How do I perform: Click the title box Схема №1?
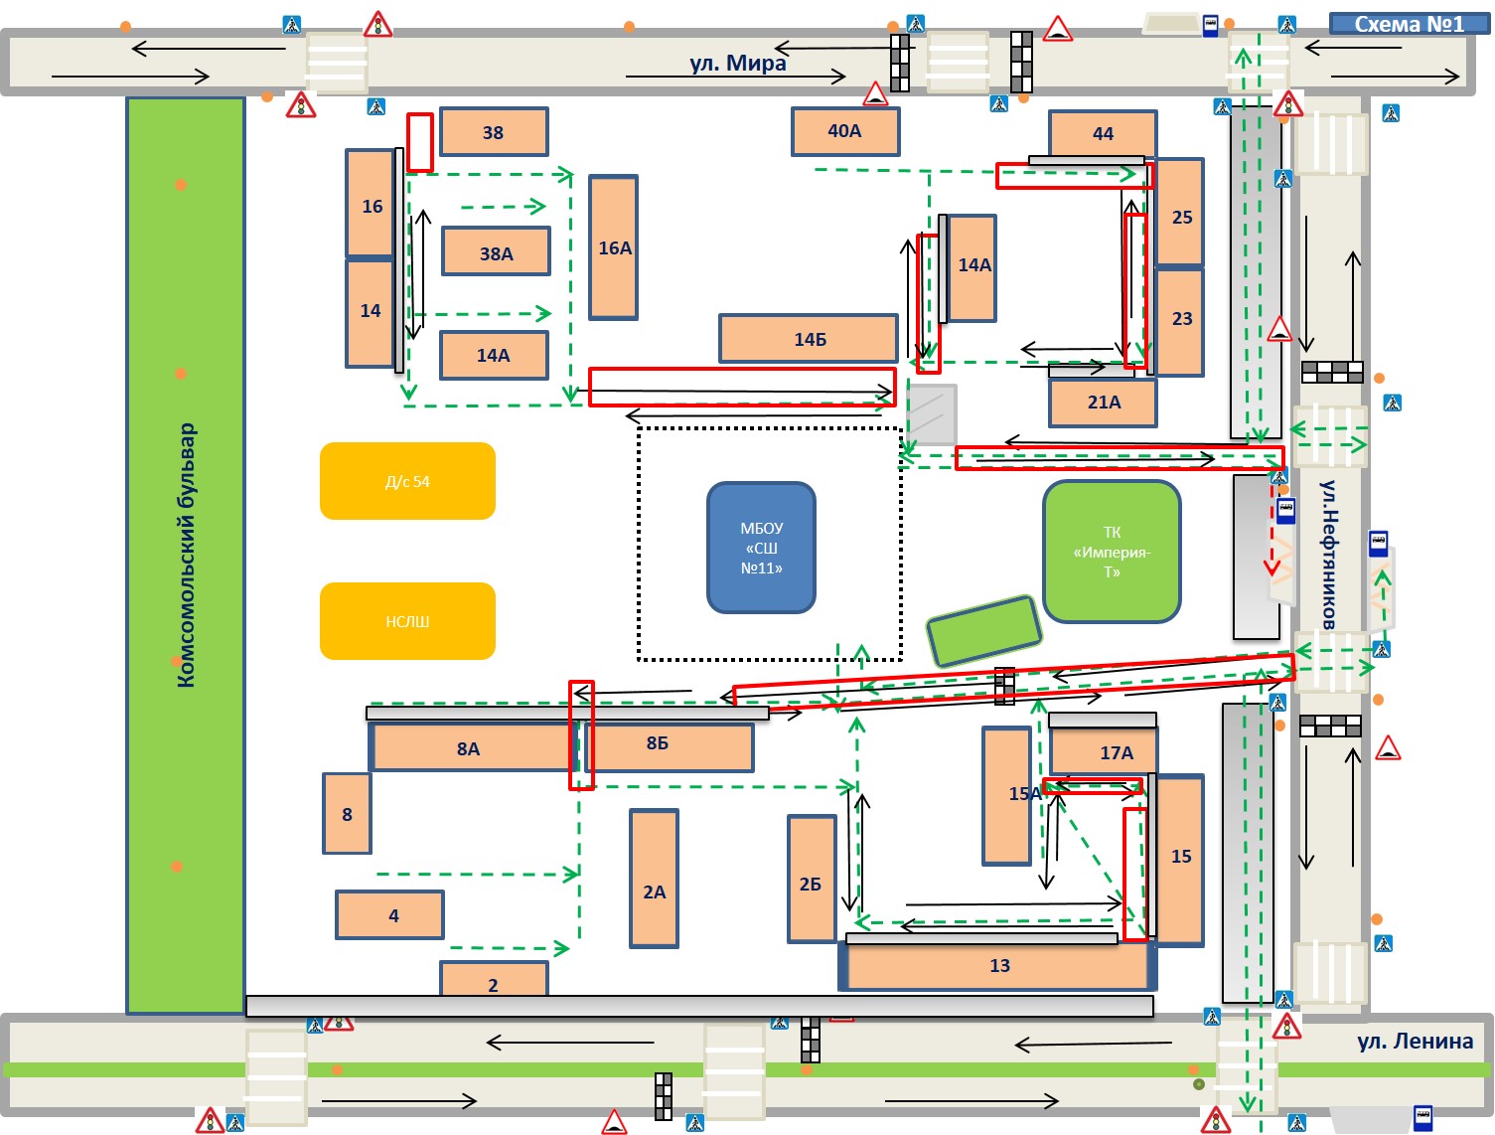(x=1409, y=24)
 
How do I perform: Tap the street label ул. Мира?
(x=738, y=63)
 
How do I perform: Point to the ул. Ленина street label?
(x=1415, y=1041)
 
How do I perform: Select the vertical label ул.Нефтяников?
(x=1327, y=555)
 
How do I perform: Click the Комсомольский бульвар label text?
(x=186, y=556)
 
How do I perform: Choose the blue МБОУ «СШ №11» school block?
(x=761, y=548)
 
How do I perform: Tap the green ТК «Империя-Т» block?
(x=1112, y=552)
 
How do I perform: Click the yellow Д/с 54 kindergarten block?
(x=407, y=481)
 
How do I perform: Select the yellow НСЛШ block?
(x=407, y=620)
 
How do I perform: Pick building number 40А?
(x=844, y=131)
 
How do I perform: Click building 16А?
(x=613, y=247)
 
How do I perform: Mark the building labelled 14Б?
(x=809, y=338)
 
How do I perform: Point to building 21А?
(x=1103, y=402)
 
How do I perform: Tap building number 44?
(x=1103, y=133)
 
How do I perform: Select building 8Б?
(x=669, y=746)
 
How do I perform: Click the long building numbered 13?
(x=997, y=965)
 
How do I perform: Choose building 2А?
(x=654, y=879)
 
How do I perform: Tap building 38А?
(x=496, y=251)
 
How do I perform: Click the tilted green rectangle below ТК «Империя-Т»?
(x=984, y=631)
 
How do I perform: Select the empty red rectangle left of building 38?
(x=419, y=142)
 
